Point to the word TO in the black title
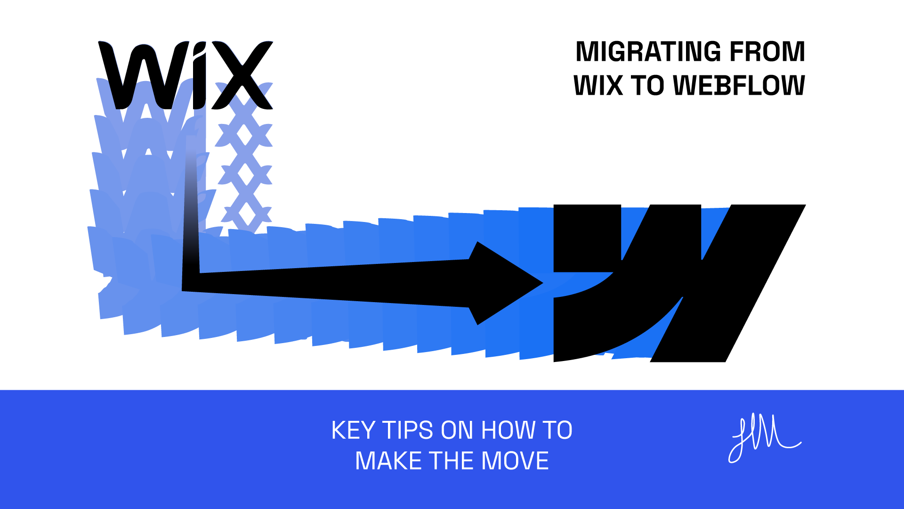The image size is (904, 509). pos(647,86)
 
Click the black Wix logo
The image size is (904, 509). pos(186,75)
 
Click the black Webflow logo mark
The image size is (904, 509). pos(678,283)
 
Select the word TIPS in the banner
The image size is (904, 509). pos(408,430)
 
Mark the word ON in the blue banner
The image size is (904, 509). pos(457,430)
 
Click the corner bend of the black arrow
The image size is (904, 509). pos(191,282)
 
